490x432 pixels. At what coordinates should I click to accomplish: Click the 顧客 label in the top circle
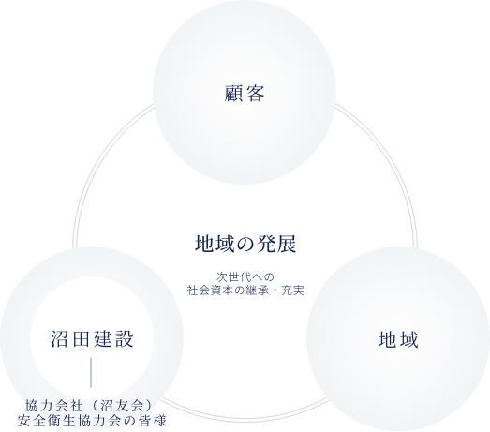pyautogui.click(x=245, y=93)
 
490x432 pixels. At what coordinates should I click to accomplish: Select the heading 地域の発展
pyautogui.click(x=245, y=244)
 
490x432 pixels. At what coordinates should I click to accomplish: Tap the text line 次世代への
pyautogui.click(x=245, y=277)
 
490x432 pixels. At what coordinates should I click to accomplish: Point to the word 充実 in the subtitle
pyautogui.click(x=293, y=290)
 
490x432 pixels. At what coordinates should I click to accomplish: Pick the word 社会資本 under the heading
pyautogui.click(x=210, y=290)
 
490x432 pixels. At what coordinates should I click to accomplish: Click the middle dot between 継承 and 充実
pyautogui.click(x=275, y=290)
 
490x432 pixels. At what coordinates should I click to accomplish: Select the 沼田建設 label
pyautogui.click(x=92, y=339)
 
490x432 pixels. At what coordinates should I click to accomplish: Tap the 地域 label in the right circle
pyautogui.click(x=398, y=339)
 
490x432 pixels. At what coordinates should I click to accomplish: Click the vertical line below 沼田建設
pyautogui.click(x=91, y=373)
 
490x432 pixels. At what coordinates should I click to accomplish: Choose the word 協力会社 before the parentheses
pyautogui.click(x=54, y=406)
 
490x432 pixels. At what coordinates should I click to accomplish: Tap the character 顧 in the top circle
pyautogui.click(x=233, y=93)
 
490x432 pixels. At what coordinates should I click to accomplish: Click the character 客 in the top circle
pyautogui.click(x=255, y=93)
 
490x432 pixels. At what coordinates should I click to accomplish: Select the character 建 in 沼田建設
pyautogui.click(x=103, y=339)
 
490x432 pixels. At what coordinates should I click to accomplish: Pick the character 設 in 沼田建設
pyautogui.click(x=125, y=339)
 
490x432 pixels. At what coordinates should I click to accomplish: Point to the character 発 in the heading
pyautogui.click(x=266, y=244)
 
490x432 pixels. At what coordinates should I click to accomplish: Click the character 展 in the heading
pyautogui.click(x=287, y=244)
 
